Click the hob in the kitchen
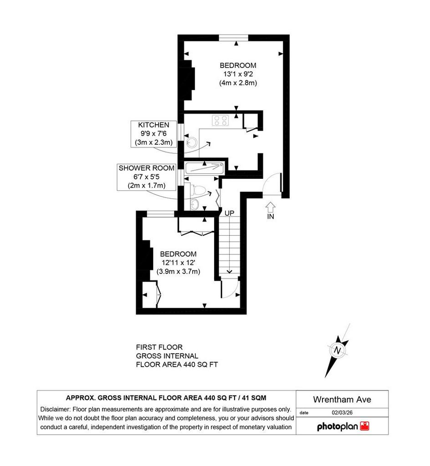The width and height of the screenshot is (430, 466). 220,120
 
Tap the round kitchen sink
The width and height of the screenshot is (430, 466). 191,142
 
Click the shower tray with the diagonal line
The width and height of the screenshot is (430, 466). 204,168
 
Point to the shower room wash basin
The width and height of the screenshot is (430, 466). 195,204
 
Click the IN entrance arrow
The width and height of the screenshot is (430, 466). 270,207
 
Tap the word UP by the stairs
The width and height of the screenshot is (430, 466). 229,213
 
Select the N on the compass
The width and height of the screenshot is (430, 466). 337,350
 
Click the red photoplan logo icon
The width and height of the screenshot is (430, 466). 364,426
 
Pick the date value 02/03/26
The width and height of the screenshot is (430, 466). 342,412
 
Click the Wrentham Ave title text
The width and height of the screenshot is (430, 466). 342,400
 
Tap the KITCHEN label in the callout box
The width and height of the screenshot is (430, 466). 154,125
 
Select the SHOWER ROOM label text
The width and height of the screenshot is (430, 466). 147,168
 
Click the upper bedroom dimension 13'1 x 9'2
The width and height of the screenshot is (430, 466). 238,74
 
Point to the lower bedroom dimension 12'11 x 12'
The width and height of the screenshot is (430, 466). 179,263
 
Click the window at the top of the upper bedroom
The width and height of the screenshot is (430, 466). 233,37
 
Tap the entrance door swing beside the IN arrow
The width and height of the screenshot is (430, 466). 272,184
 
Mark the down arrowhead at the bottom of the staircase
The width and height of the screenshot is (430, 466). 229,271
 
